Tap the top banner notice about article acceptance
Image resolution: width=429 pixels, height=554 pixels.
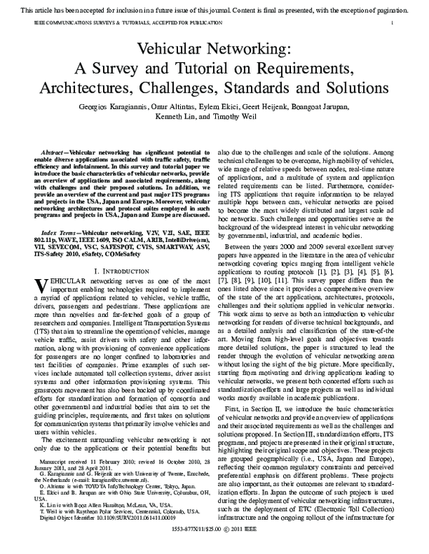click(214, 8)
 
